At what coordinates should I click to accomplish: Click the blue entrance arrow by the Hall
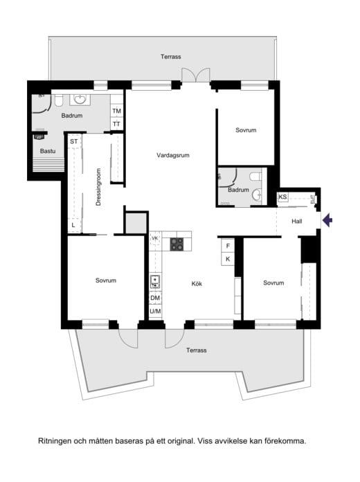[327, 220]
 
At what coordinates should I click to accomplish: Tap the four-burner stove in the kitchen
[177, 244]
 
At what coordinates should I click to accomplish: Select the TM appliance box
[116, 111]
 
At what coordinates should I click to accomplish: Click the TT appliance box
[116, 124]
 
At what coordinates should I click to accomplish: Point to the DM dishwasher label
[155, 298]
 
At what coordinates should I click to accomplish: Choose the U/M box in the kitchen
[155, 312]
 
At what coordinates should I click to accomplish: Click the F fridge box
[228, 246]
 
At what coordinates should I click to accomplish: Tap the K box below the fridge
[228, 259]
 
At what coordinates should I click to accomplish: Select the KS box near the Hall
[283, 197]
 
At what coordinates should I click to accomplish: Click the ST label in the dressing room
[74, 141]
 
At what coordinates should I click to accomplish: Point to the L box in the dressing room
[73, 225]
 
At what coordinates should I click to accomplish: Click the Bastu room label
[48, 151]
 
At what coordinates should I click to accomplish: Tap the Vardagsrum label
[173, 155]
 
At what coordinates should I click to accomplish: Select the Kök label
[197, 283]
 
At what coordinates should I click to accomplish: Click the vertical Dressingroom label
[98, 187]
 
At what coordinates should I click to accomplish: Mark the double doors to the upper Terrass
[196, 75]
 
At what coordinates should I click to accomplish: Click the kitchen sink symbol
[155, 282]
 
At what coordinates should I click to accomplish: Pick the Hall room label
[297, 221]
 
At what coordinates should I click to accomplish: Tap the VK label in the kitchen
[155, 238]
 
